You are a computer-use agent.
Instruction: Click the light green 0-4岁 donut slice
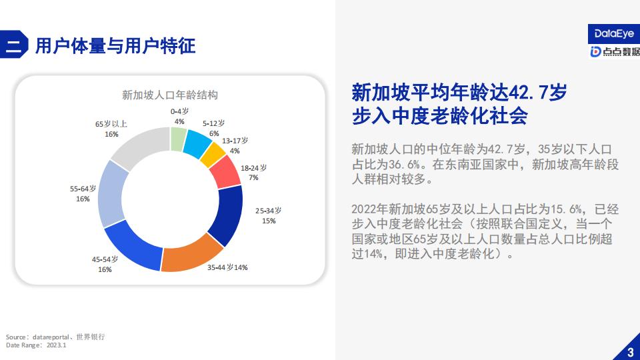[x=179, y=139]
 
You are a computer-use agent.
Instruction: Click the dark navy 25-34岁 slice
[x=227, y=214]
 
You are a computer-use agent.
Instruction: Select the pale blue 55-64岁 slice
[x=111, y=194]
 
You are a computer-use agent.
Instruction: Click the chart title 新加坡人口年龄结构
[x=170, y=95]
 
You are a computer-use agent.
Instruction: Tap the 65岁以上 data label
[x=111, y=129]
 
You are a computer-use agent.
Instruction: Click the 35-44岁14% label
[x=227, y=267]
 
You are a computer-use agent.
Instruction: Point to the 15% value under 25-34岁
[x=269, y=221]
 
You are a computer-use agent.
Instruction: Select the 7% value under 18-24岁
[x=253, y=177]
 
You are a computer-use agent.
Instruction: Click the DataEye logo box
[x=613, y=34]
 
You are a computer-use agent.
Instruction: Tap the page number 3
[x=631, y=352]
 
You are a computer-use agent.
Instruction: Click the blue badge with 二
[x=13, y=45]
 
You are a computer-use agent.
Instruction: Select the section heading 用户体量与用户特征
[x=115, y=46]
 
